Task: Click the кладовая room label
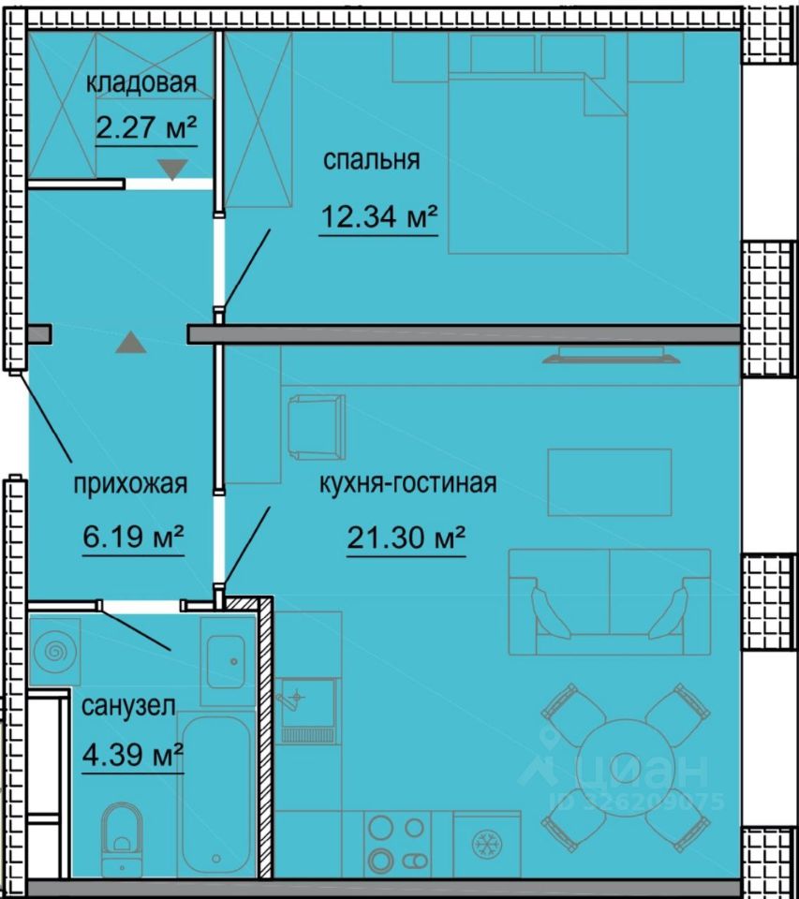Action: pos(141,82)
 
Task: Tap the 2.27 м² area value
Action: pos(146,127)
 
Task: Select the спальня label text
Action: pos(371,159)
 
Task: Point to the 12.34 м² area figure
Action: pos(379,216)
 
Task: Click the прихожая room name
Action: pos(130,483)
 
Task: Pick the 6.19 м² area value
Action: pos(133,537)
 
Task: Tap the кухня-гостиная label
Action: pos(407,483)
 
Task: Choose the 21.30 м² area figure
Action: pos(406,538)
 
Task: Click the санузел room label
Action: pos(128,705)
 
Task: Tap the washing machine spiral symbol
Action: pos(55,652)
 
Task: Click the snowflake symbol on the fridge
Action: pos(487,844)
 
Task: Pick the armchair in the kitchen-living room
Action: pos(316,427)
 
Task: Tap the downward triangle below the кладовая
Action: pos(172,169)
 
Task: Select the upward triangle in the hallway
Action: pos(131,343)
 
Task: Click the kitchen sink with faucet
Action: pos(305,711)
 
